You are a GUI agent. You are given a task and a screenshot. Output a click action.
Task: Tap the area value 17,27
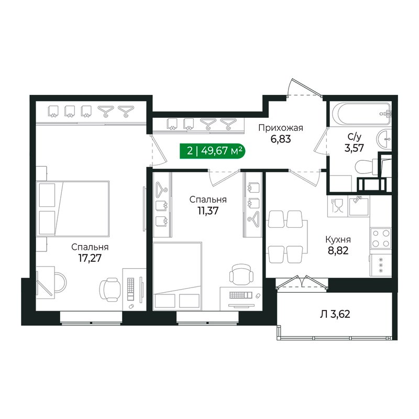coord(90,258)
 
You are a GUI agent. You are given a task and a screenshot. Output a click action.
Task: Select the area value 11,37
coord(208,211)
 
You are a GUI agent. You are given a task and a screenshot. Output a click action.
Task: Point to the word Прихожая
coord(281,128)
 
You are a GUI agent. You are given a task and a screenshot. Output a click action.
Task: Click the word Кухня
coord(337,239)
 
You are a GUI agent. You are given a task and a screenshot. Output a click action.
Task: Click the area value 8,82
coord(337,250)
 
